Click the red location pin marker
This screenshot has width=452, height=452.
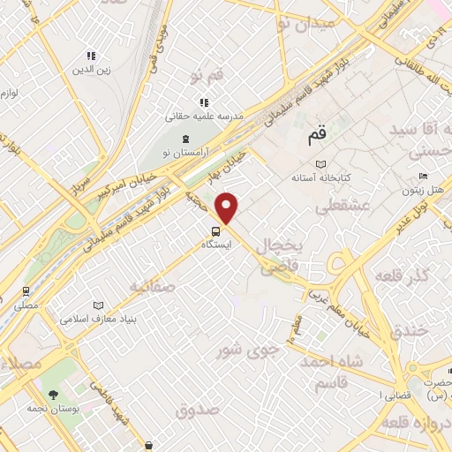pos(228,207)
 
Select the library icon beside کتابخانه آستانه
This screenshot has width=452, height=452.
pos(321,164)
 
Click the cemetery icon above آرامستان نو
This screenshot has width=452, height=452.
pos(185,139)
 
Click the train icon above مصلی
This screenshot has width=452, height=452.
pos(26,290)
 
